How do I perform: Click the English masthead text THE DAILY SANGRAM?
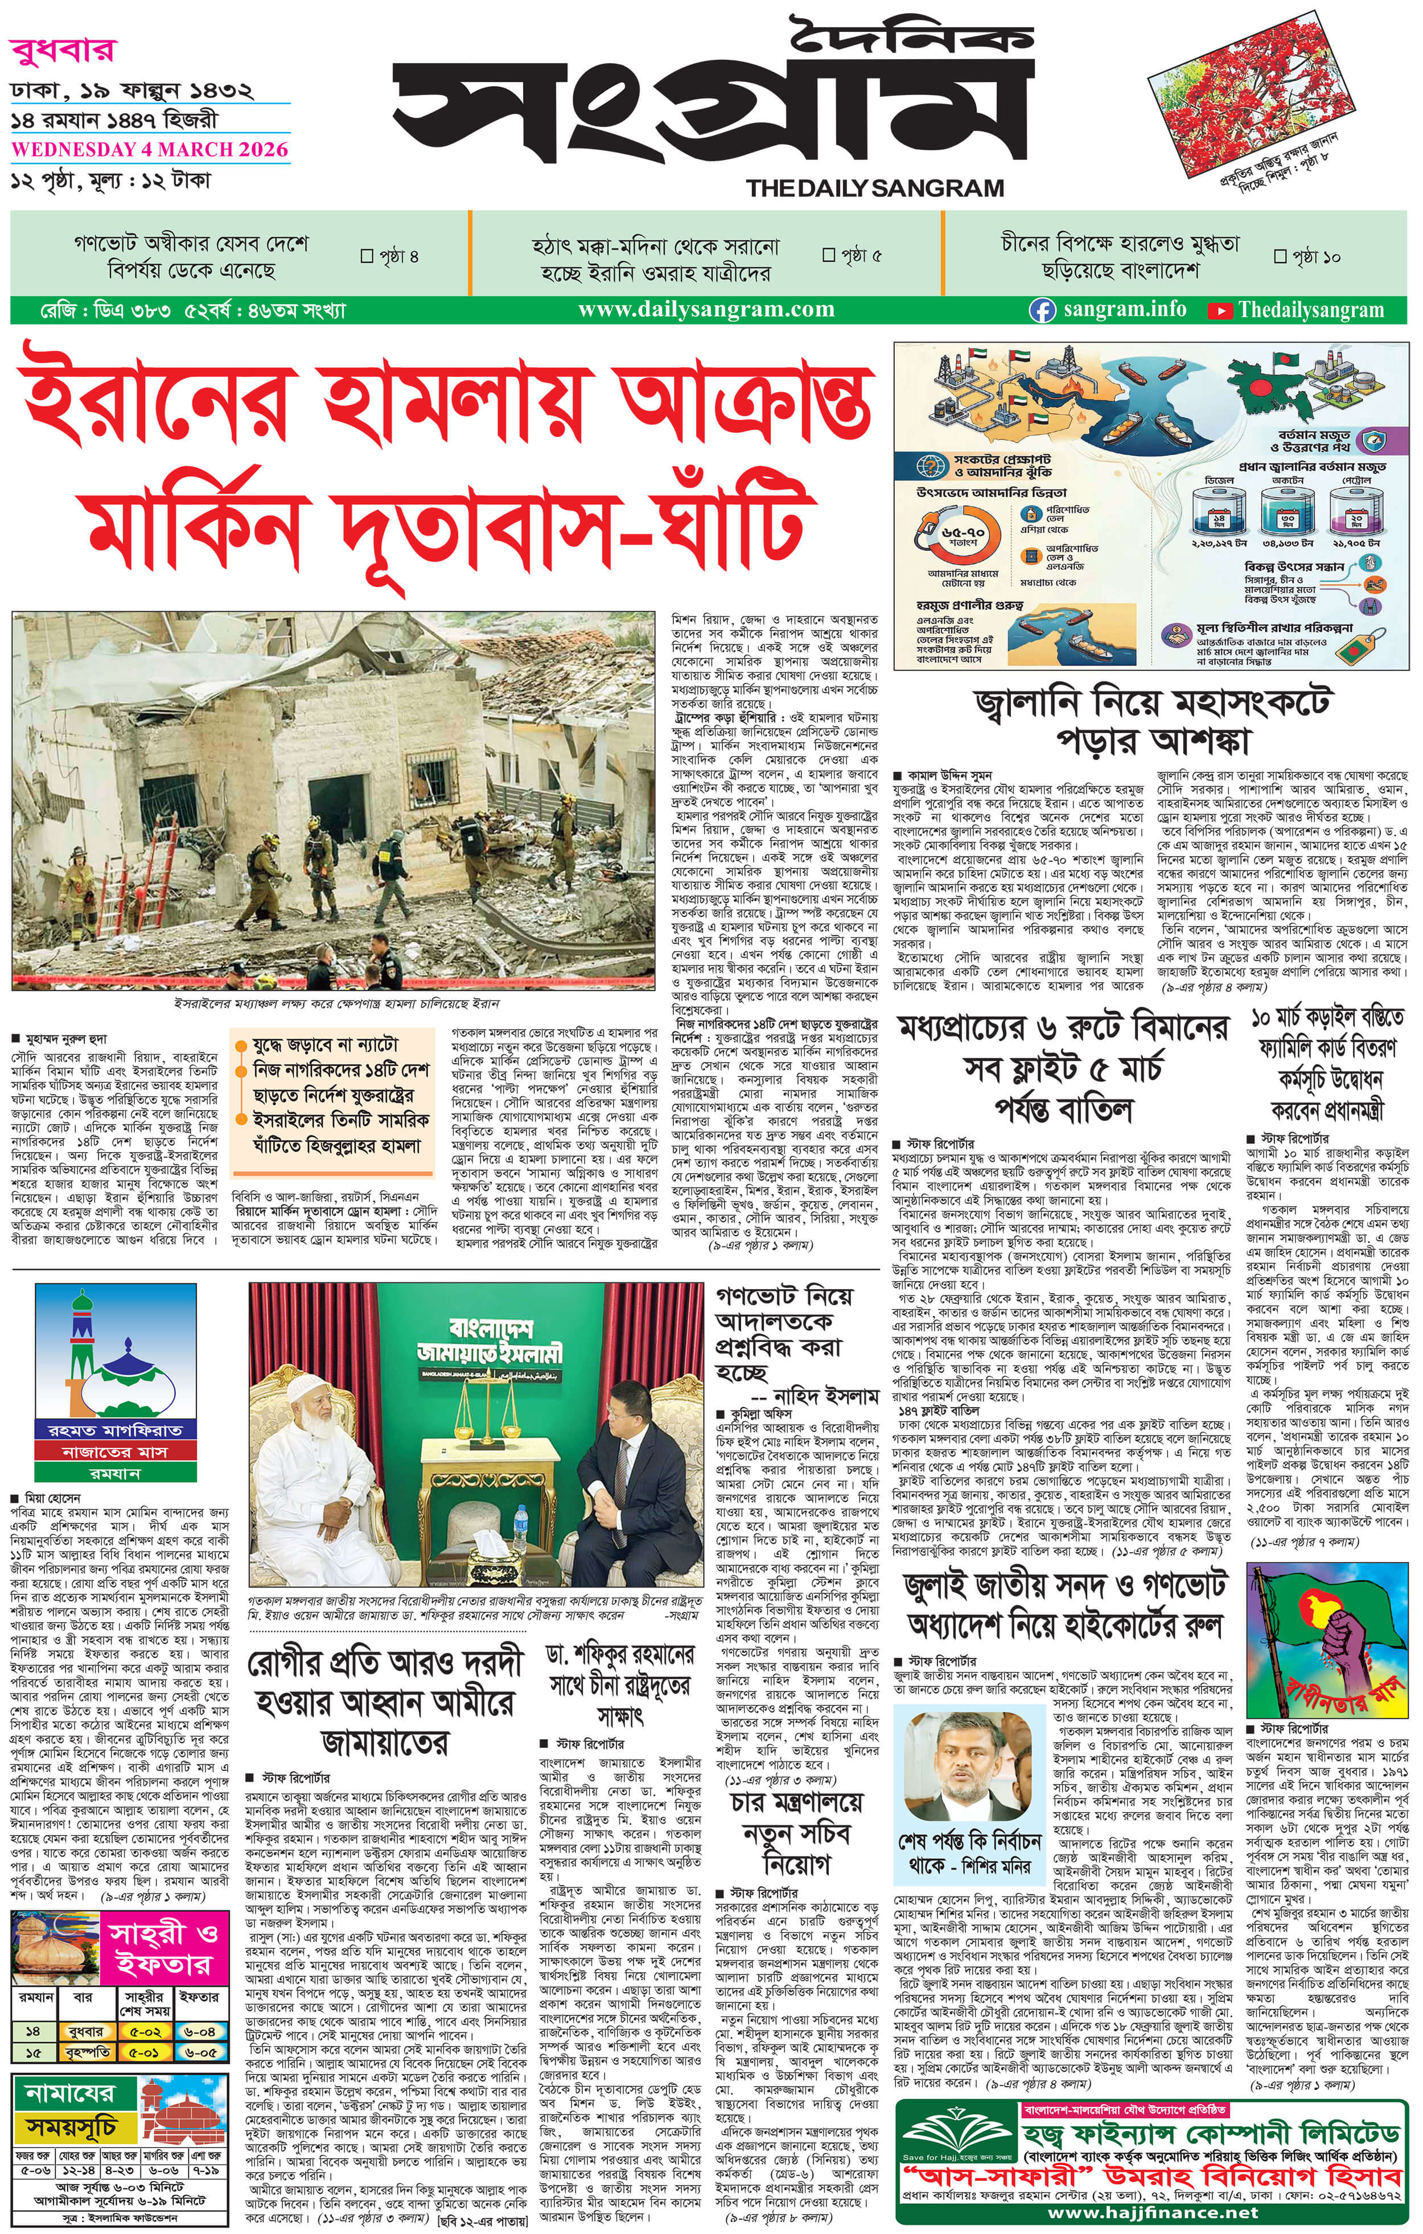tap(875, 188)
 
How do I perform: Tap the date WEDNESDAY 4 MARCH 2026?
tap(149, 149)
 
